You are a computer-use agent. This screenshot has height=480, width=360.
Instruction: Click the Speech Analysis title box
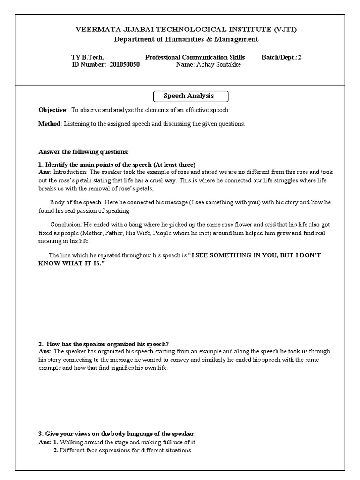191,96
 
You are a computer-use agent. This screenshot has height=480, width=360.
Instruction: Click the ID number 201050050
125,65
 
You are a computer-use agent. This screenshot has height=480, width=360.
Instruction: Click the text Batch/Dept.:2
282,57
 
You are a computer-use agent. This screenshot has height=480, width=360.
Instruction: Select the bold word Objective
52,110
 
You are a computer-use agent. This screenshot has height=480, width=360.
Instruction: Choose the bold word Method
49,124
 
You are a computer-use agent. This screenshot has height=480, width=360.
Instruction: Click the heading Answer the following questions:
83,152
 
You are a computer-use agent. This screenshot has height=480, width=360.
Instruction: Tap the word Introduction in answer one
73,172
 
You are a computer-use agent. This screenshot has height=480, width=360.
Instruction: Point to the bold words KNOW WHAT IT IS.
71,264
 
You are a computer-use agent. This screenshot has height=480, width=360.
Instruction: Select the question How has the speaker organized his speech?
108,344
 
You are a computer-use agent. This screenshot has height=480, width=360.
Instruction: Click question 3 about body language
117,434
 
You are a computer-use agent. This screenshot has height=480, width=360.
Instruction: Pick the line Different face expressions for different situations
126,450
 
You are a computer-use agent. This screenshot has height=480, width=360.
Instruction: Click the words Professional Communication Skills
195,57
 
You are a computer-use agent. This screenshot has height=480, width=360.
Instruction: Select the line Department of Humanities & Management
186,39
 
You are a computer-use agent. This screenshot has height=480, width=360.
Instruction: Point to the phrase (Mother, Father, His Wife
127,233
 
